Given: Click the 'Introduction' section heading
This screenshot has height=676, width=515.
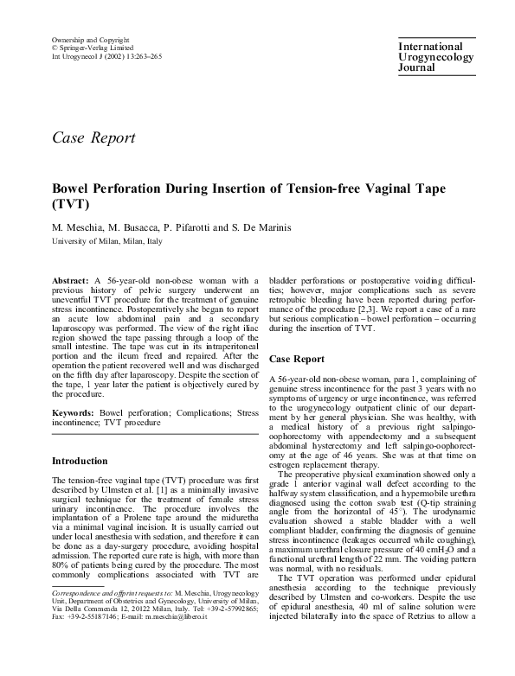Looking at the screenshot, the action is [86, 462].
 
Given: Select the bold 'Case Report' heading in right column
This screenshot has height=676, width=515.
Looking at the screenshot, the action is [296, 359].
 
